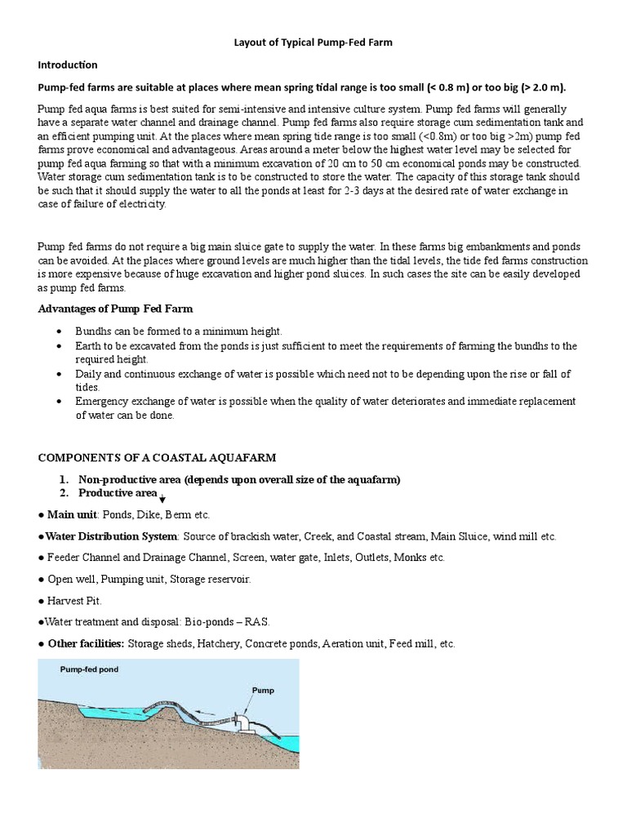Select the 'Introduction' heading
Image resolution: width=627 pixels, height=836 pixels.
[68, 64]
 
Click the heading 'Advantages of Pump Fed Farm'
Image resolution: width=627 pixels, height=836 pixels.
[115, 309]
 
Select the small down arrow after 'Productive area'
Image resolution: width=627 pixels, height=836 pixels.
[162, 499]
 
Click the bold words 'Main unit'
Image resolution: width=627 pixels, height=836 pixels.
[72, 515]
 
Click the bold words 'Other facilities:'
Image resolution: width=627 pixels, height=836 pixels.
[86, 643]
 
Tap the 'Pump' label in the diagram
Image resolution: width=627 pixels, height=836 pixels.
[263, 691]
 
